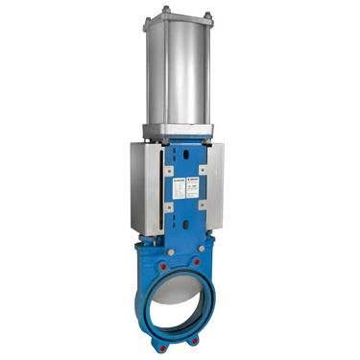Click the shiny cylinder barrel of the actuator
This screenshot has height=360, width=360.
click(181, 77)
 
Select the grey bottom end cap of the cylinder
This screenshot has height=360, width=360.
click(181, 132)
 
